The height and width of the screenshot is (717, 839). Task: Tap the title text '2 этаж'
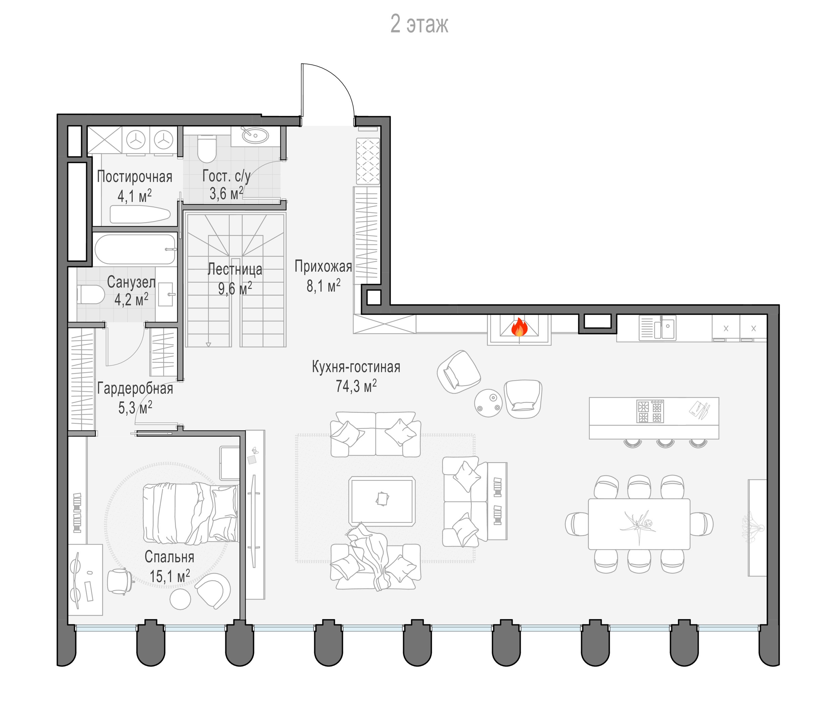click(x=419, y=24)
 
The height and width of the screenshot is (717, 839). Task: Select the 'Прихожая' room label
click(x=323, y=266)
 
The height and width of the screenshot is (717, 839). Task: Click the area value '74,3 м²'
click(x=356, y=386)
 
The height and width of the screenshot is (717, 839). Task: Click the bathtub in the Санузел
click(x=135, y=249)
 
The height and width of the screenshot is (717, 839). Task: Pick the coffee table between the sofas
click(x=382, y=501)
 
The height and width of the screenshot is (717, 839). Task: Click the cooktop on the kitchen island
click(x=650, y=411)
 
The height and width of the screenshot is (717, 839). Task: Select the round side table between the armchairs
click(x=488, y=402)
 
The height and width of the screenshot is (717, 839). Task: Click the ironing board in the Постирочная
click(x=140, y=214)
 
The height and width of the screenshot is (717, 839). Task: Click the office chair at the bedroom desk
click(x=120, y=582)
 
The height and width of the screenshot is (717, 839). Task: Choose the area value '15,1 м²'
click(x=170, y=576)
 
